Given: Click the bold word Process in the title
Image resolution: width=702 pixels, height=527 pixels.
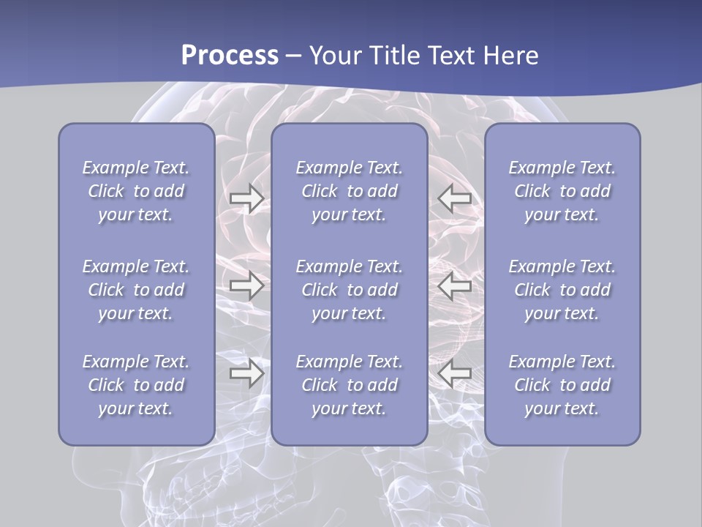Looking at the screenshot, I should (x=230, y=56).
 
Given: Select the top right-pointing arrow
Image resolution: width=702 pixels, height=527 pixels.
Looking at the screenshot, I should (x=246, y=198).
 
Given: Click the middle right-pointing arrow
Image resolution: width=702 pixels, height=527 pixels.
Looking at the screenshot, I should (x=246, y=285).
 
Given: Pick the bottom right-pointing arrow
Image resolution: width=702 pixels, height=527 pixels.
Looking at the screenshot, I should (x=246, y=374).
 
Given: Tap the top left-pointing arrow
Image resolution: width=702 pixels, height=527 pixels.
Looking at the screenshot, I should (x=455, y=198).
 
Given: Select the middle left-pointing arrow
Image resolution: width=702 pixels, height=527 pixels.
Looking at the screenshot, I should (x=455, y=285).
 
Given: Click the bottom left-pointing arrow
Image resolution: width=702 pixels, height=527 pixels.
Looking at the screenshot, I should (x=455, y=374).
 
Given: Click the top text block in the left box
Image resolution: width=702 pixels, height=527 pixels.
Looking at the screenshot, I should (x=136, y=191).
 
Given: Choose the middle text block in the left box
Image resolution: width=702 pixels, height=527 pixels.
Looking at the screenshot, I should (x=136, y=290).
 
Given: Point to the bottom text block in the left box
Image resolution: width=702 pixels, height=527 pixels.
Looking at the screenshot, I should (x=136, y=385).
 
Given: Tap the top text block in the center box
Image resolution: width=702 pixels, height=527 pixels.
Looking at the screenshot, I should (x=350, y=191).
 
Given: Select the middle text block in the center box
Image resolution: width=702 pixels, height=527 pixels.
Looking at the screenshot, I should (x=350, y=290).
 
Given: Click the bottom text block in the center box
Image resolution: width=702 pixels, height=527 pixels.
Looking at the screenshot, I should (x=350, y=385).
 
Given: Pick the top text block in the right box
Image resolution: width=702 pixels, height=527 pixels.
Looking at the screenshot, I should (x=562, y=191).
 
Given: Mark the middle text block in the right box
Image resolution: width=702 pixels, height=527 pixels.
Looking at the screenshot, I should (x=562, y=290).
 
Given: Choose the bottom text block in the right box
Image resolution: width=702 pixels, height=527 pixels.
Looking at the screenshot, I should (x=562, y=385).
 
